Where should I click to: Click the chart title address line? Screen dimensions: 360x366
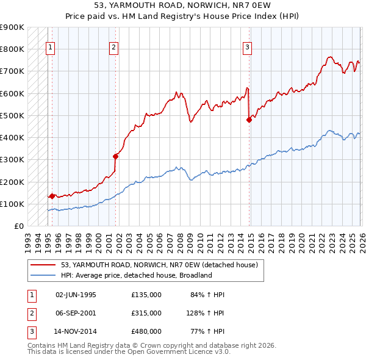[x=182, y=5]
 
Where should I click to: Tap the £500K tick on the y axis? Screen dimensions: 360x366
[x=12, y=115]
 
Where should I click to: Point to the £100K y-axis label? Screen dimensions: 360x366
[x=12, y=204]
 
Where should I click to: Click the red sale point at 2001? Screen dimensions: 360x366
[x=115, y=156]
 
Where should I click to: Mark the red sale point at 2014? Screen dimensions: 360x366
[x=249, y=120]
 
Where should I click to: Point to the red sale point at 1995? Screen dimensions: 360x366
[x=52, y=196]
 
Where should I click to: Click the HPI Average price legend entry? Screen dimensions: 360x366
[x=135, y=275]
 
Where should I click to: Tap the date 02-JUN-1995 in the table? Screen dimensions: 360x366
[x=76, y=295]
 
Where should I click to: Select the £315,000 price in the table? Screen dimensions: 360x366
[x=146, y=313]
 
